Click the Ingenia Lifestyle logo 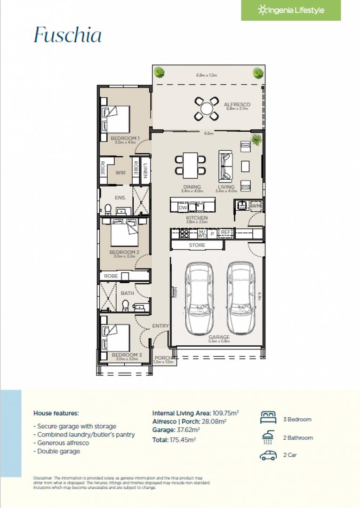click(x=291, y=10)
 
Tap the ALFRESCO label click(x=237, y=104)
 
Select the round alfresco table click(x=207, y=108)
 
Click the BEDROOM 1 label click(x=125, y=138)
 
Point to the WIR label click(x=120, y=173)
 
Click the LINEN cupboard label click(x=146, y=170)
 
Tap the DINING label click(x=192, y=187)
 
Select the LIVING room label click(x=226, y=187)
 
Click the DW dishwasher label click(x=183, y=207)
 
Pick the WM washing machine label click(x=256, y=206)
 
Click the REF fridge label click(x=226, y=232)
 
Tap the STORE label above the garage click(x=197, y=245)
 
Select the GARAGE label click(x=219, y=337)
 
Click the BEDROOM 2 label click(x=124, y=252)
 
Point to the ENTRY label click(x=160, y=326)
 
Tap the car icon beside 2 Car click(x=268, y=455)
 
